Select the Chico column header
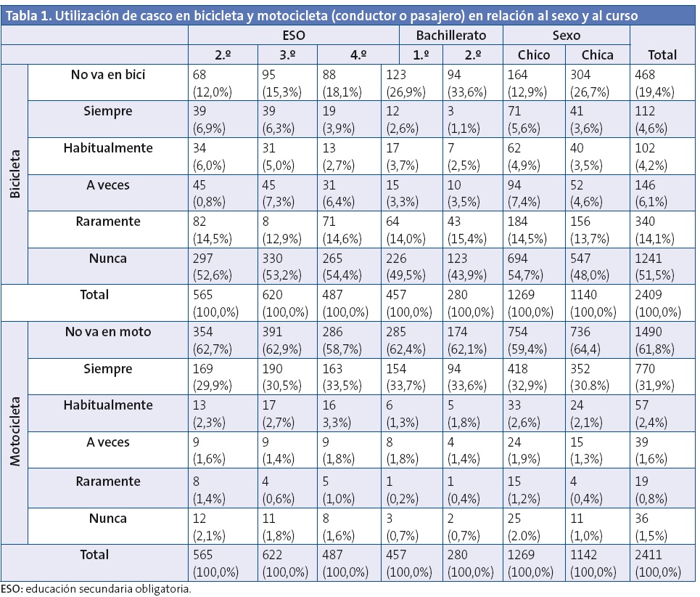[x=533, y=54]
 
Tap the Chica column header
[x=598, y=54]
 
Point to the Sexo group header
[x=565, y=35]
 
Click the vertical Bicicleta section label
[x=15, y=174]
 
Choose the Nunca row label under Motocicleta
[x=107, y=518]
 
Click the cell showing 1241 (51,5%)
[x=655, y=265]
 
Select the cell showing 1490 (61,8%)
[x=655, y=339]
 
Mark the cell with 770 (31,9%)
[x=655, y=376]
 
